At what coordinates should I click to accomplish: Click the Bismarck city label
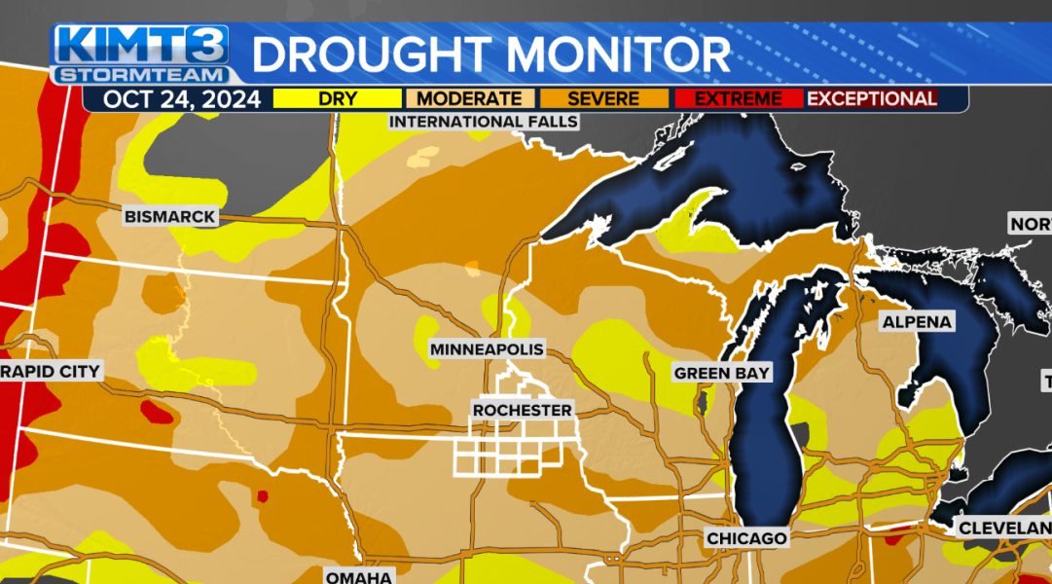(170, 216)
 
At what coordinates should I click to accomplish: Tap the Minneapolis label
(487, 349)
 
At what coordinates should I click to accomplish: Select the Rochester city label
(523, 410)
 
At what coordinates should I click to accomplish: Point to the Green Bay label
(722, 373)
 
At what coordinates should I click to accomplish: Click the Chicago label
(746, 538)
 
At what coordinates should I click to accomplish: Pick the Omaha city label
(359, 576)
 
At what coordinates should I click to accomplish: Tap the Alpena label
(917, 322)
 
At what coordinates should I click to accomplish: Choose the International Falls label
(484, 122)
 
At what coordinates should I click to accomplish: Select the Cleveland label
(1002, 529)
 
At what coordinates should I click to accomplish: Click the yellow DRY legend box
(337, 98)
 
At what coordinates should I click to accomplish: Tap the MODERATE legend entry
(469, 98)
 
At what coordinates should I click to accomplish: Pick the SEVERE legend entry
(603, 98)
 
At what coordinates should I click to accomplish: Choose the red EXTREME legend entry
(738, 98)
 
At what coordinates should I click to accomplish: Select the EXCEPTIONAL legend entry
(872, 98)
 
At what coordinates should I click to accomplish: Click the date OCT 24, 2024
(182, 98)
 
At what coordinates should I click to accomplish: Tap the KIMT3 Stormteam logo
(142, 55)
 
